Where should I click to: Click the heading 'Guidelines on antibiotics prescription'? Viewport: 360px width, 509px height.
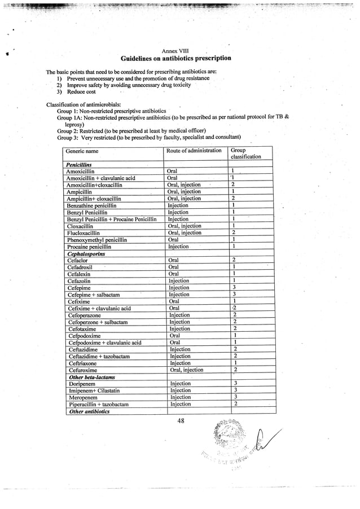(175, 59)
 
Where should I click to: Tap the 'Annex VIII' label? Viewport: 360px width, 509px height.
(175, 51)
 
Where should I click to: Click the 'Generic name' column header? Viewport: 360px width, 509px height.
(82, 151)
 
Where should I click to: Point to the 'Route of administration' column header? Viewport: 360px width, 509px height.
(194, 151)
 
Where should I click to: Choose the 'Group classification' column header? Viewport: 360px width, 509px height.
(245, 153)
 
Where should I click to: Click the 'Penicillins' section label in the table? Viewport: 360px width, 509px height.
(83, 164)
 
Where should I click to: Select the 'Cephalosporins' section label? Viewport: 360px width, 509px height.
(87, 254)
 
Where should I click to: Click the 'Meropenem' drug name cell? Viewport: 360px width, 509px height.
(83, 397)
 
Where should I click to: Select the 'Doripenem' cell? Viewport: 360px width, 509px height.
(82, 384)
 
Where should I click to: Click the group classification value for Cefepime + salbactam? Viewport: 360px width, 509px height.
(234, 295)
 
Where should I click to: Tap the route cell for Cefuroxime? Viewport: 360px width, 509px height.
(186, 370)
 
